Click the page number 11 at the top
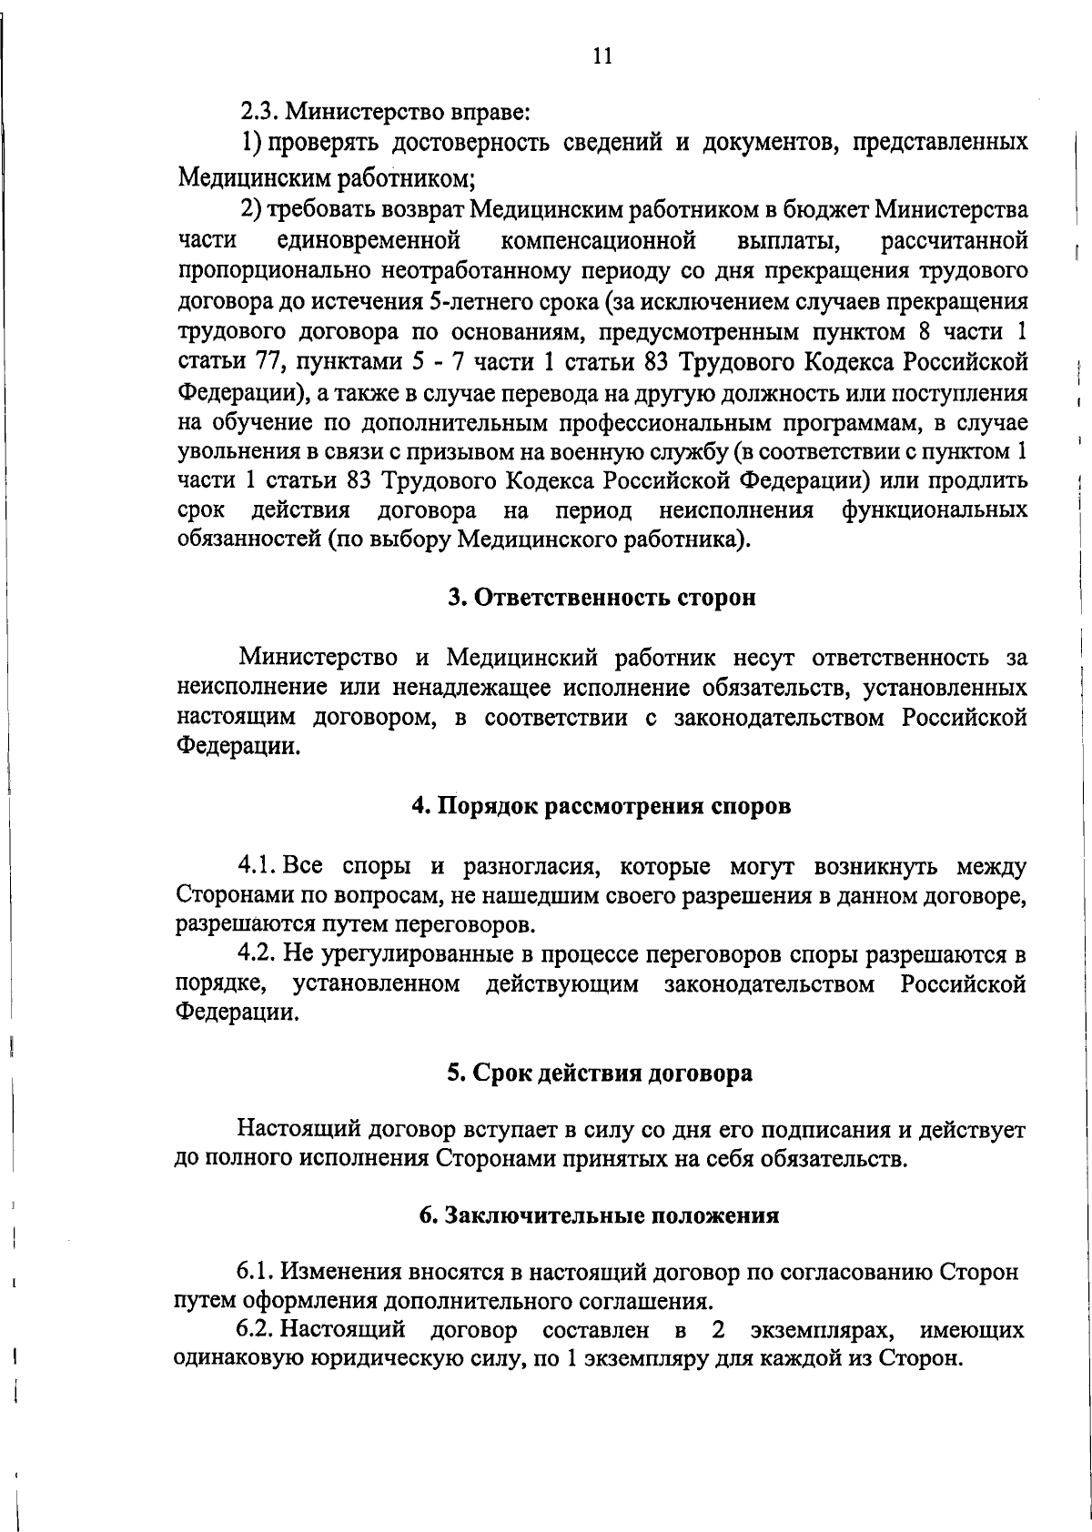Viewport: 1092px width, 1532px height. pyautogui.click(x=602, y=56)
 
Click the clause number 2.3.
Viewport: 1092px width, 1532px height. pyautogui.click(x=258, y=113)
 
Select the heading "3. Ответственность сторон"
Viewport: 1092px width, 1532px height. pyautogui.click(x=602, y=598)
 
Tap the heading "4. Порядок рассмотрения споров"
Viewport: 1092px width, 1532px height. pyautogui.click(x=602, y=807)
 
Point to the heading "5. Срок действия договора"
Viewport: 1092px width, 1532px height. pyautogui.click(x=600, y=1073)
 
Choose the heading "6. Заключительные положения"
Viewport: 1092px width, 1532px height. pyautogui.click(x=600, y=1216)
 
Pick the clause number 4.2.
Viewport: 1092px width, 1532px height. pyautogui.click(x=257, y=955)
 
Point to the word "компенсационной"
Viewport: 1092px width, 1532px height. pyautogui.click(x=598, y=241)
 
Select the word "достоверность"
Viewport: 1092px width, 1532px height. pyautogui.click(x=472, y=143)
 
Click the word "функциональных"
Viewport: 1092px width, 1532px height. pyautogui.click(x=935, y=510)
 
